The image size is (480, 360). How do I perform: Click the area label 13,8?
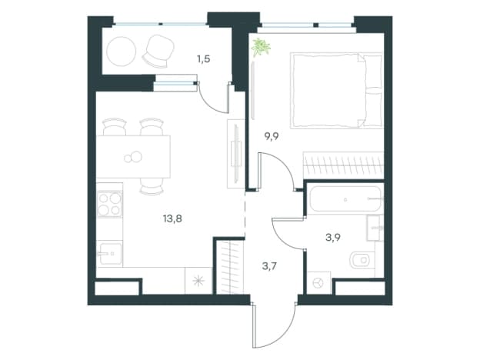[x=172, y=219]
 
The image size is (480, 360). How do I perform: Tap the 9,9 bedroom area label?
[x=272, y=136]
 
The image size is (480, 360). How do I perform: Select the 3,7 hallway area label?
[x=269, y=266]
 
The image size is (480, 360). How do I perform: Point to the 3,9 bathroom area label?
[x=333, y=237]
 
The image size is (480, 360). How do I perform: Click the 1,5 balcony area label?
[x=204, y=58]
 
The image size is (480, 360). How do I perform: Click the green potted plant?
[x=261, y=47]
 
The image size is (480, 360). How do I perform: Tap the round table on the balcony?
[x=122, y=52]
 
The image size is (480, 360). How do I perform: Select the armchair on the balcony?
[x=158, y=51]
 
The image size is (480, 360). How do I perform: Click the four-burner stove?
[x=109, y=204]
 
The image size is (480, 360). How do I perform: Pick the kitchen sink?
[x=110, y=254]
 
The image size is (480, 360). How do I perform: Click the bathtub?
[x=345, y=199]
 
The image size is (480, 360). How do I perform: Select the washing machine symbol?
[x=318, y=283]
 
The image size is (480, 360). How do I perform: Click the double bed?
[x=336, y=91]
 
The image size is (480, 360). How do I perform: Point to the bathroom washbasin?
[x=374, y=228]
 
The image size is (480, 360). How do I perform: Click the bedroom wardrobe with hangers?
[x=343, y=165]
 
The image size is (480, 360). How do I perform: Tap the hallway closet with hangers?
[x=229, y=267]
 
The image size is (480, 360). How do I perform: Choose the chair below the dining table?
[x=152, y=186]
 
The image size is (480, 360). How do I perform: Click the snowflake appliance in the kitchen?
[x=198, y=281]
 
